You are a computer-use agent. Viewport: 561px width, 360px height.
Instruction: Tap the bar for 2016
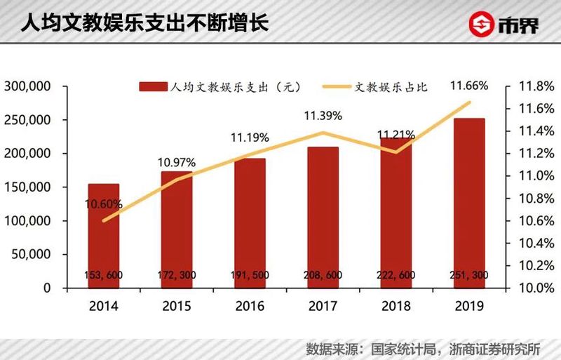(x=250, y=218)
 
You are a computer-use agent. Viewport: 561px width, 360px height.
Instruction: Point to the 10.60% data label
(x=104, y=204)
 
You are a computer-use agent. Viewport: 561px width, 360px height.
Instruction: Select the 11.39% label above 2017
(x=323, y=116)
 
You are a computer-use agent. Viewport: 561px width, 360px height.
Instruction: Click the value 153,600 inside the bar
(x=104, y=276)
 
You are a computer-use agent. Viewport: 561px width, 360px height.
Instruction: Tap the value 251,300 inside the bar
(x=469, y=276)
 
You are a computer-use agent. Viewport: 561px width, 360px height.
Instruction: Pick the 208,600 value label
(x=323, y=276)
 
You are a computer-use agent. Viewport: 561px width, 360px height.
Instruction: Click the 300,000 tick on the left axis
(x=28, y=86)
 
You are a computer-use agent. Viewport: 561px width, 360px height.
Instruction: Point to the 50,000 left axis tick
(x=32, y=254)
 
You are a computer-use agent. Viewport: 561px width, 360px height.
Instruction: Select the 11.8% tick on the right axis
(x=536, y=86)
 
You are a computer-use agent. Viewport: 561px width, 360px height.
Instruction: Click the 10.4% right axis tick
(x=536, y=243)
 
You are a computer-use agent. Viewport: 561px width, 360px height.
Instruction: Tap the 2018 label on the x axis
(x=396, y=306)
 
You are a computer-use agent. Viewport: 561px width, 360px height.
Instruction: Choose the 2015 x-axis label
(x=177, y=306)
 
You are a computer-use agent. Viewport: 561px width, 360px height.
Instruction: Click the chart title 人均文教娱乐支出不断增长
(x=144, y=22)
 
